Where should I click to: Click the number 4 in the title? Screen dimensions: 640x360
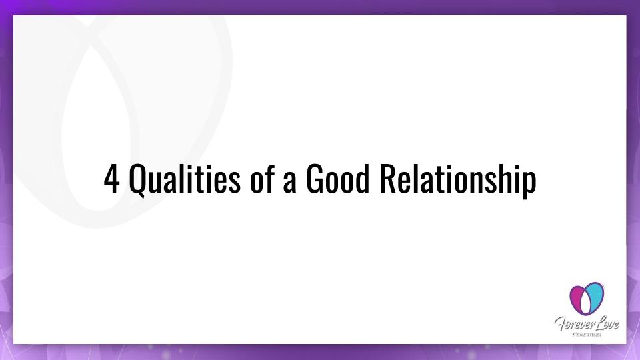click(111, 179)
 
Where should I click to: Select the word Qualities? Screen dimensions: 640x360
click(185, 179)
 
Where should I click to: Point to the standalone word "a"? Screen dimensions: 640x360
click(289, 183)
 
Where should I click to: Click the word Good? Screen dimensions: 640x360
click(337, 178)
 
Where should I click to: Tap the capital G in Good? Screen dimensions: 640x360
click(315, 179)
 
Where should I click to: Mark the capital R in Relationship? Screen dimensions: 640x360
click(388, 179)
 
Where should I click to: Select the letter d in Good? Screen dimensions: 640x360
click(363, 178)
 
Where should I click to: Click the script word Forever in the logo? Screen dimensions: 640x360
click(570, 324)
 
